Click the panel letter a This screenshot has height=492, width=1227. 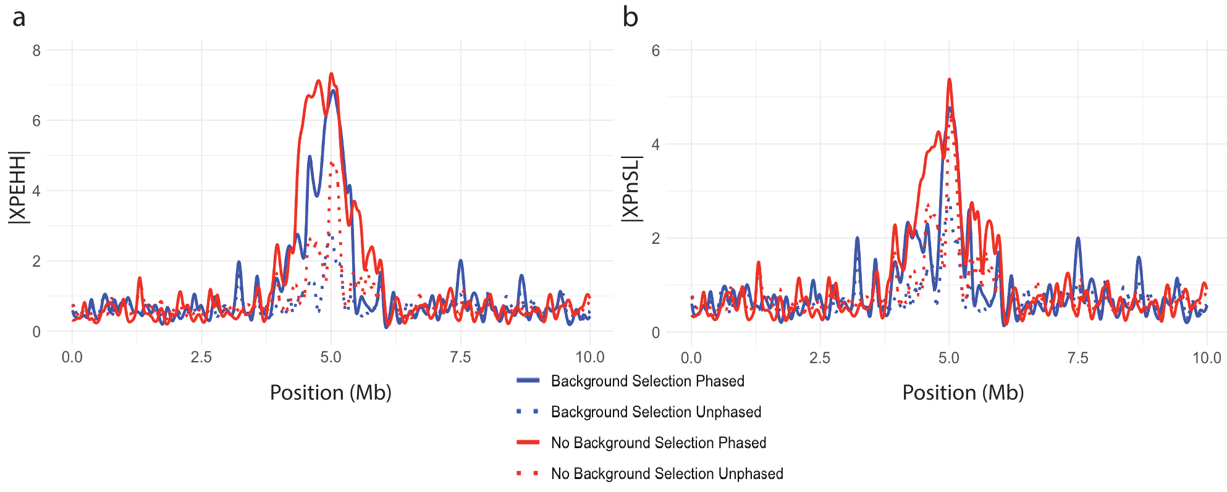tap(19, 17)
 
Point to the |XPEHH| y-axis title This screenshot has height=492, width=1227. tap(19, 187)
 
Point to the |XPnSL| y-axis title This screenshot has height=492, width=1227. tap(631, 188)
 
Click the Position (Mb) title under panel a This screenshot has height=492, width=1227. tap(331, 393)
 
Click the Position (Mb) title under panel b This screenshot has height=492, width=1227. tap(963, 393)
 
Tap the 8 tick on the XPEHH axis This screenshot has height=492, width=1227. tap(36, 51)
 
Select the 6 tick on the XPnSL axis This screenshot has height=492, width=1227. tap(656, 51)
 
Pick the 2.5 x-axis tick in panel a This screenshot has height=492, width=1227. tap(201, 357)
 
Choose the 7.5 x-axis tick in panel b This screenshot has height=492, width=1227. tap(1078, 358)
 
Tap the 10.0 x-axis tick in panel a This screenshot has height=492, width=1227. tap(590, 357)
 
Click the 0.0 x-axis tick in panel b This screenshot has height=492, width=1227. tap(691, 358)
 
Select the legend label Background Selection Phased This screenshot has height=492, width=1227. tap(647, 381)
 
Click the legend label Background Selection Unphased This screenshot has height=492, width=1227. tap(656, 412)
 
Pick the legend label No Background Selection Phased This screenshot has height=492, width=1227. tap(659, 443)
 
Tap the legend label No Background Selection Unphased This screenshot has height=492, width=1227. tap(667, 473)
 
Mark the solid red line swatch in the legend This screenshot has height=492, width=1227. tap(528, 443)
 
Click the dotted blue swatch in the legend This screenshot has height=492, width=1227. tap(528, 412)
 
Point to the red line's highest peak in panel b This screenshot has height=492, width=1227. tap(949, 80)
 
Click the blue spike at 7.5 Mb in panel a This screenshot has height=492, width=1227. tap(460, 261)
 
